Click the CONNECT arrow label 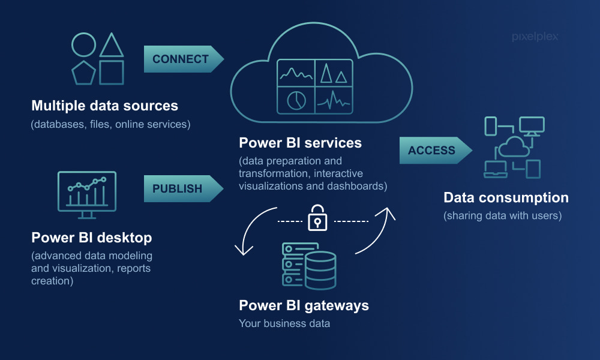point(181,59)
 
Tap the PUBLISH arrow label point(177,188)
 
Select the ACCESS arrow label point(431,151)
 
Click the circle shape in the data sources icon point(83,45)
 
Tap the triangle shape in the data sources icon point(112,46)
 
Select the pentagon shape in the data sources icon point(83,73)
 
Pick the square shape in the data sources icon point(112,72)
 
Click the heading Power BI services point(300,143)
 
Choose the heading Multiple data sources point(104,106)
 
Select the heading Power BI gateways point(304,305)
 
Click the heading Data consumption point(506,197)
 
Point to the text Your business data point(284,324)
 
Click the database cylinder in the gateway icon point(320,271)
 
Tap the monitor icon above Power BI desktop point(87,191)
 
